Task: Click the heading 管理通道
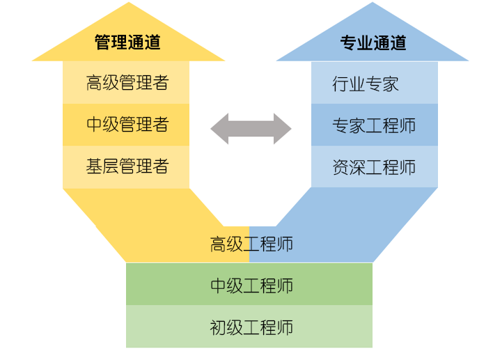coord(127,42)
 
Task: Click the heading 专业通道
coord(373,42)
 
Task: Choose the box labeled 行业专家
coord(366,84)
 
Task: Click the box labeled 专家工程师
coord(374,125)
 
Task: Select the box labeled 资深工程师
coord(374,167)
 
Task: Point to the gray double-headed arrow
coord(251,128)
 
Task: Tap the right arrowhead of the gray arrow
coord(282,128)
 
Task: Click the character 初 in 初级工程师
coord(218,327)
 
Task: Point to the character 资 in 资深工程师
coord(341,167)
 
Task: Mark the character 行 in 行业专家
coord(341,84)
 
